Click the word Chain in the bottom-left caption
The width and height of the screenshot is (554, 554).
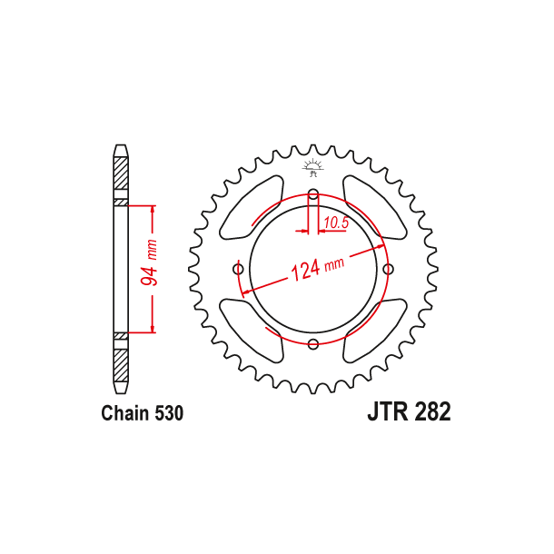pos(124,414)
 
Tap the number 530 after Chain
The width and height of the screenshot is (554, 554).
pos(168,414)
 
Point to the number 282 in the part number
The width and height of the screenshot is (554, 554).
pos(433,412)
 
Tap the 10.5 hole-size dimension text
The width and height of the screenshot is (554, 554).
pos(336,222)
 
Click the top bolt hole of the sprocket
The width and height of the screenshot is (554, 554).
pos(313,194)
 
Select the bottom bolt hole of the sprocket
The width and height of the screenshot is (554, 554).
pos(313,343)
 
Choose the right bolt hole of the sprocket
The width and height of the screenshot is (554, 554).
pos(389,269)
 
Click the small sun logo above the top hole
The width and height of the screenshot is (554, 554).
pos(313,166)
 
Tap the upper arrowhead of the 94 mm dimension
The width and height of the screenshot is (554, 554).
pos(153,212)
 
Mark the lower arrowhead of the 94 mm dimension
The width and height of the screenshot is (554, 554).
pos(153,328)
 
